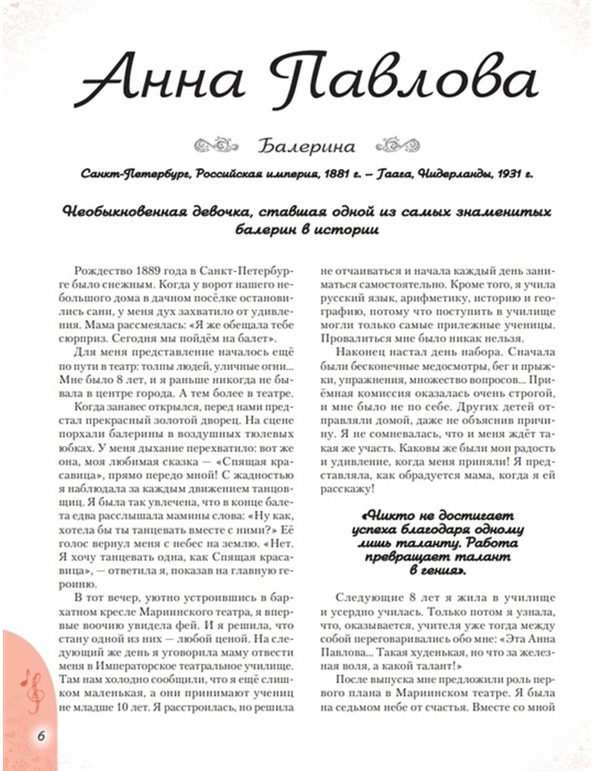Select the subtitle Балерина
pos(307,146)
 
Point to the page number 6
pos(41,736)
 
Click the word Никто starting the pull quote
pos(386,515)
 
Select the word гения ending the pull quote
pos(444,571)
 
